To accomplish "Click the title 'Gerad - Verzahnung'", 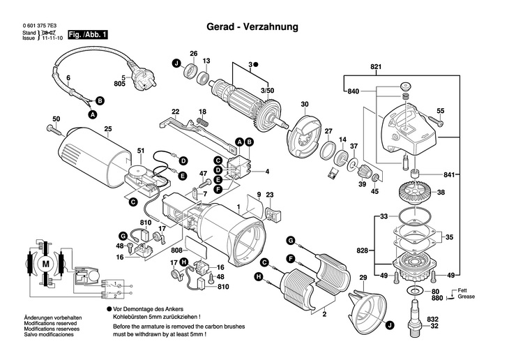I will tap(252, 27).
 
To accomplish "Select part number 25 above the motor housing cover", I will tap(107, 128).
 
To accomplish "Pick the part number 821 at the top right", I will tap(377, 67).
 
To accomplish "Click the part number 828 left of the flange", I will tap(363, 249).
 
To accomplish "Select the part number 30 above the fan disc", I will tap(304, 105).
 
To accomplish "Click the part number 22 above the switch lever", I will tap(176, 112).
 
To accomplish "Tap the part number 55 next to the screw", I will tap(440, 111).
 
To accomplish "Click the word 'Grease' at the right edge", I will tap(467, 297).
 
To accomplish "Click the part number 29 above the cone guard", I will tap(363, 278).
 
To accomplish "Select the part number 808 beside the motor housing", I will tap(176, 250).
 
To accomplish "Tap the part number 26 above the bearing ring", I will tap(194, 54).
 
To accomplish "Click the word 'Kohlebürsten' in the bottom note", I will tap(132, 316).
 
